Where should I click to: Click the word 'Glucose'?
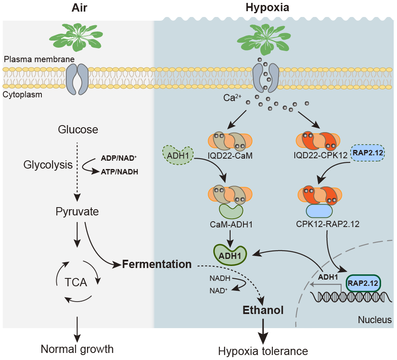78,130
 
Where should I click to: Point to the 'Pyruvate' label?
77,212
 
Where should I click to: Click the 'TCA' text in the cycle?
76,283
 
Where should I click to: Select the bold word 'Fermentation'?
157,264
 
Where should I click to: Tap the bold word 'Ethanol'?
263,310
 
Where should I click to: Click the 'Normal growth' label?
77,349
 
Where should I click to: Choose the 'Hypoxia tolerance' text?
263,351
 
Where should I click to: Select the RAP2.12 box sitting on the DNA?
363,284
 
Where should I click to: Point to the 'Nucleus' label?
375,319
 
